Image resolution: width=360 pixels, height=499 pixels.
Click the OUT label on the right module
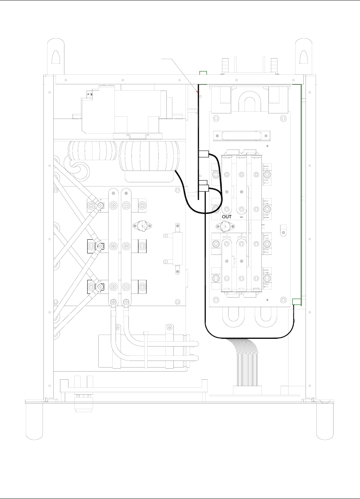tap(227, 217)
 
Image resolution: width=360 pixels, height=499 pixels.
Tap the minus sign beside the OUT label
tap(241, 217)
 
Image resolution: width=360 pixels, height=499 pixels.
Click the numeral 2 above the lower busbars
tap(241, 235)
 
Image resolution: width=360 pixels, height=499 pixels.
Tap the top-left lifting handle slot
tap(54, 57)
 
